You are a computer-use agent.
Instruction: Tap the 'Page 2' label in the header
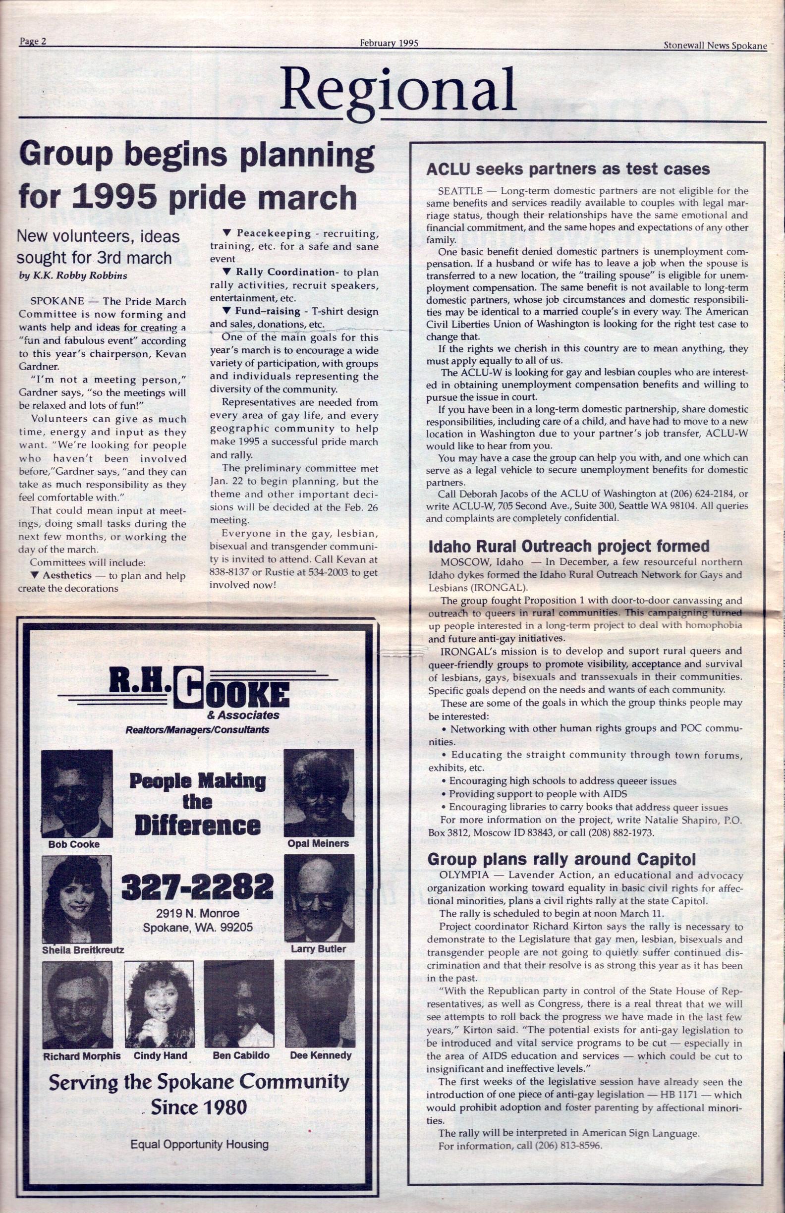33,42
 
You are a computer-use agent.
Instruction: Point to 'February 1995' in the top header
389,43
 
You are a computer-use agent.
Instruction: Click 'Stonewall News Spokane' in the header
715,46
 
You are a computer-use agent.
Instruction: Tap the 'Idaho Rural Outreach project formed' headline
568,547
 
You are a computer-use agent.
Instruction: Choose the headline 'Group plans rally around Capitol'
561,859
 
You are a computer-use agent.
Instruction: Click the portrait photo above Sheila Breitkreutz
77,899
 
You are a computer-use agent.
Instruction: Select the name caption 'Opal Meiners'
318,843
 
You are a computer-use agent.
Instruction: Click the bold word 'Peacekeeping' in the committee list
274,233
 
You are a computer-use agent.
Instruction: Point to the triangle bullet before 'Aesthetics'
34,575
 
